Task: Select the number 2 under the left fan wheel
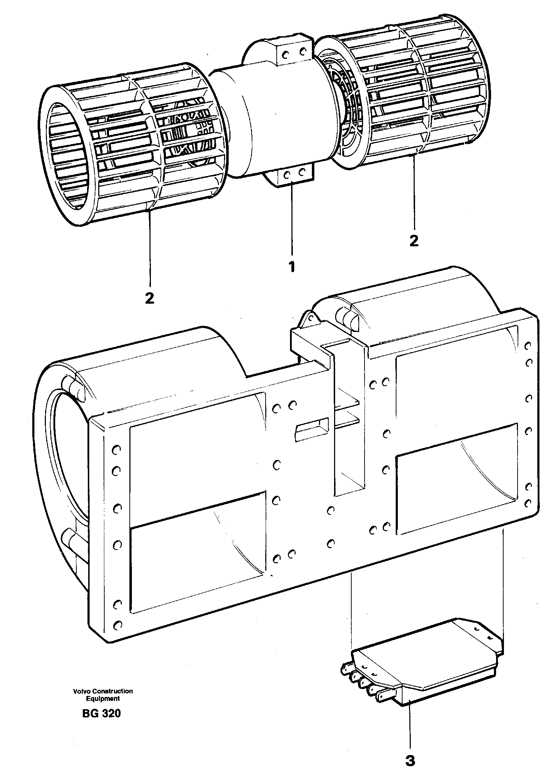point(149,298)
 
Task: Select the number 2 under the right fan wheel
point(414,241)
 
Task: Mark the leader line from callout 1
point(292,219)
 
